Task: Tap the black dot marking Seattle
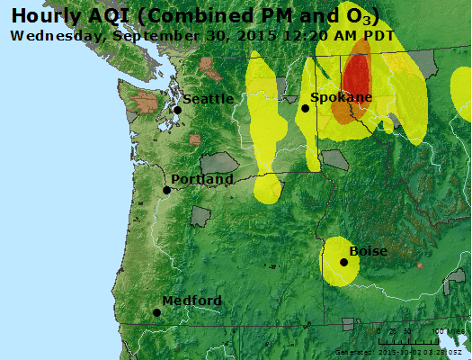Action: pyautogui.click(x=178, y=110)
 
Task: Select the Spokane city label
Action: pyautogui.click(x=341, y=97)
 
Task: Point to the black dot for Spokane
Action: pyautogui.click(x=306, y=108)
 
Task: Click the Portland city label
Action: pyautogui.click(x=202, y=179)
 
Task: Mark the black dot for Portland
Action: pyautogui.click(x=166, y=190)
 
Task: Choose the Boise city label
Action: pyautogui.click(x=368, y=251)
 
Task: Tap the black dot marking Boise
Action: pyautogui.click(x=343, y=262)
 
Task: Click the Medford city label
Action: pyautogui.click(x=191, y=301)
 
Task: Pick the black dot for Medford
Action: pyautogui.click(x=157, y=312)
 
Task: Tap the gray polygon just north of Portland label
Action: pyautogui.click(x=218, y=163)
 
